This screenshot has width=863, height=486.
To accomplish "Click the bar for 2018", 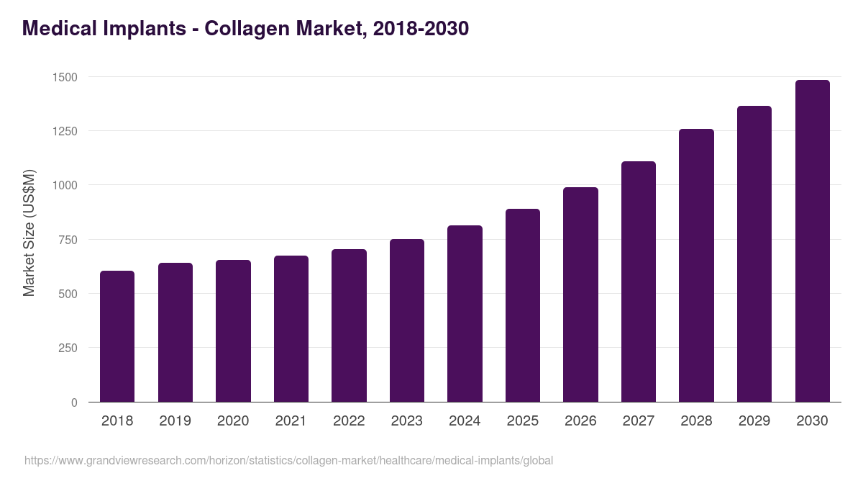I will (117, 336).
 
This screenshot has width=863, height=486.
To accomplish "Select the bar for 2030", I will (812, 241).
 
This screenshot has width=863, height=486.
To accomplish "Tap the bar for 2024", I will (465, 314).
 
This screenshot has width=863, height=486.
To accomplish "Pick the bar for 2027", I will (639, 282).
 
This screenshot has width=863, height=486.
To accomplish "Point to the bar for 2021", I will (291, 329).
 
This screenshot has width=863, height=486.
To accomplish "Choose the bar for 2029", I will (754, 254).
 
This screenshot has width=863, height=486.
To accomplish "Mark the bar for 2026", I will (580, 294).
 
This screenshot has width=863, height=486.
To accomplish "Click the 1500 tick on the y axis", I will (65, 77).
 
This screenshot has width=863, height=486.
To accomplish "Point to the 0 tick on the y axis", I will (74, 402).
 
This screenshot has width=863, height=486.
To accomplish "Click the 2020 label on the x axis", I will (233, 421).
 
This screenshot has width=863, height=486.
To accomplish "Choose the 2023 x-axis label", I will (407, 421).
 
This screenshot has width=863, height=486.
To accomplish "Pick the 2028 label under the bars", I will (696, 421).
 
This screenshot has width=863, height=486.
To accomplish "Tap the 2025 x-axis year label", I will (523, 421).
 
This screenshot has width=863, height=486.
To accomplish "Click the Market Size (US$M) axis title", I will (29, 233).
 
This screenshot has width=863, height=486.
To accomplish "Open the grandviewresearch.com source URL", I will (288, 460).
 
